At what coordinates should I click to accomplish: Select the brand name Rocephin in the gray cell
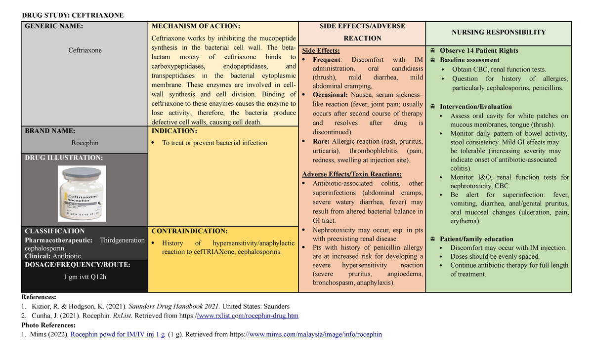(85, 143)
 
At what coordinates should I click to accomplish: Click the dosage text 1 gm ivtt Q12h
(85, 277)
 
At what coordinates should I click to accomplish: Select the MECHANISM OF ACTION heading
(196, 26)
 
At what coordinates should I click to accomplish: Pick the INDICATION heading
(174, 131)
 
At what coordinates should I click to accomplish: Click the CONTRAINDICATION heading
(190, 231)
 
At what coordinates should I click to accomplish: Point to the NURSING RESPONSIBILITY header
(499, 32)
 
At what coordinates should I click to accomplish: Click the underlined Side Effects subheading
(321, 50)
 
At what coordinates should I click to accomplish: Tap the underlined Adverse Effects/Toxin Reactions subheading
(352, 174)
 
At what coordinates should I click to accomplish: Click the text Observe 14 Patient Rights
(479, 50)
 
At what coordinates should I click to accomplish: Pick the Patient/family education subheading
(476, 239)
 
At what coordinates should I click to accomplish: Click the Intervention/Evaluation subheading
(475, 107)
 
